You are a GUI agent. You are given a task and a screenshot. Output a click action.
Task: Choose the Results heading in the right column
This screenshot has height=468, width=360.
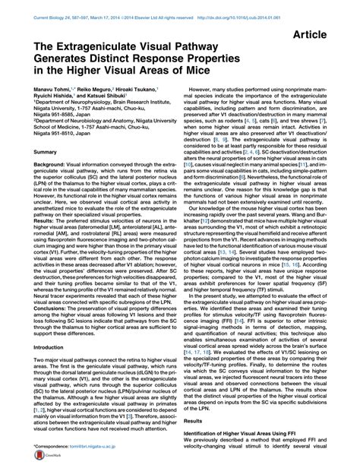[200, 419]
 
